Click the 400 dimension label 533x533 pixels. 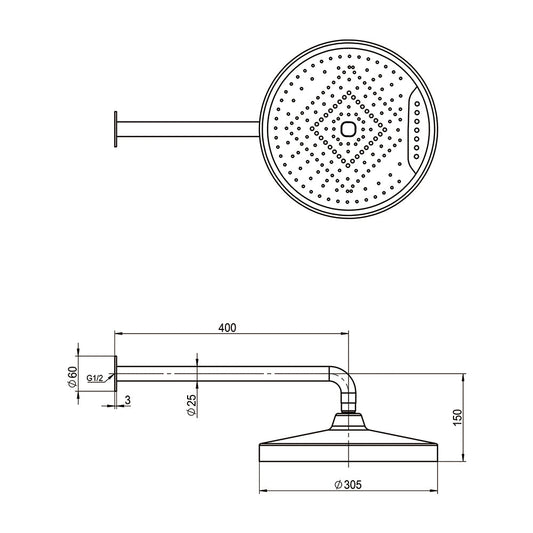227,328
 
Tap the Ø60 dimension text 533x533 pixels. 73,377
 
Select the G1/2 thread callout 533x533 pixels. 94,378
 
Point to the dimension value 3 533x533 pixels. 127,400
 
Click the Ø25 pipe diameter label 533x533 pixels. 192,405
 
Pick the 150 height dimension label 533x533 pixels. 458,417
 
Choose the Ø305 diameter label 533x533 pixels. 348,484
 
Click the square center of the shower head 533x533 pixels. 348,129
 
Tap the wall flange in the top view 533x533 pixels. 116,129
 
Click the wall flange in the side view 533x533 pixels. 116,374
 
